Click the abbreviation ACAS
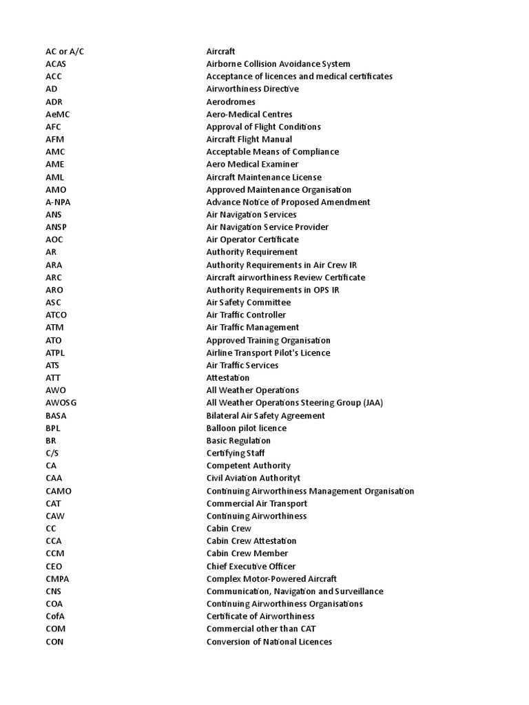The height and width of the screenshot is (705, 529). pyautogui.click(x=56, y=64)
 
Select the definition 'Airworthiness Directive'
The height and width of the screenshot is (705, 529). pyautogui.click(x=252, y=89)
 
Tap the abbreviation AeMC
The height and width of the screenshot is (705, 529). pyautogui.click(x=58, y=114)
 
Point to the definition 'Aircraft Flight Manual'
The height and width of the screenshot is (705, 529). pyautogui.click(x=249, y=139)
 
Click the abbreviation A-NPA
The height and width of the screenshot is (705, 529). pyautogui.click(x=59, y=202)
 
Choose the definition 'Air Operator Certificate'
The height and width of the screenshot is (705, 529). pyautogui.click(x=252, y=240)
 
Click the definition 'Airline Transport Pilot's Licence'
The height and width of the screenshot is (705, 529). pyautogui.click(x=268, y=352)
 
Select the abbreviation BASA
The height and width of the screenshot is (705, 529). pyautogui.click(x=56, y=415)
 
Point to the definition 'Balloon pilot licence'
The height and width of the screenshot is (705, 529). pyautogui.click(x=247, y=428)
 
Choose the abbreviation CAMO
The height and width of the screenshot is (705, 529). pyautogui.click(x=58, y=491)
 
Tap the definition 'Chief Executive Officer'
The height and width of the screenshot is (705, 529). pyautogui.click(x=251, y=566)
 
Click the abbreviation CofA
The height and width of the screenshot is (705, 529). pyautogui.click(x=55, y=616)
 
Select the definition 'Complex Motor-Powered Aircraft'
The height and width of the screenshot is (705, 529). pyautogui.click(x=271, y=579)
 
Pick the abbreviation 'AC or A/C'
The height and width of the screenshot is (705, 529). pyautogui.click(x=65, y=52)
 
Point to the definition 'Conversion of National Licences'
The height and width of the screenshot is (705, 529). pyautogui.click(x=269, y=642)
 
